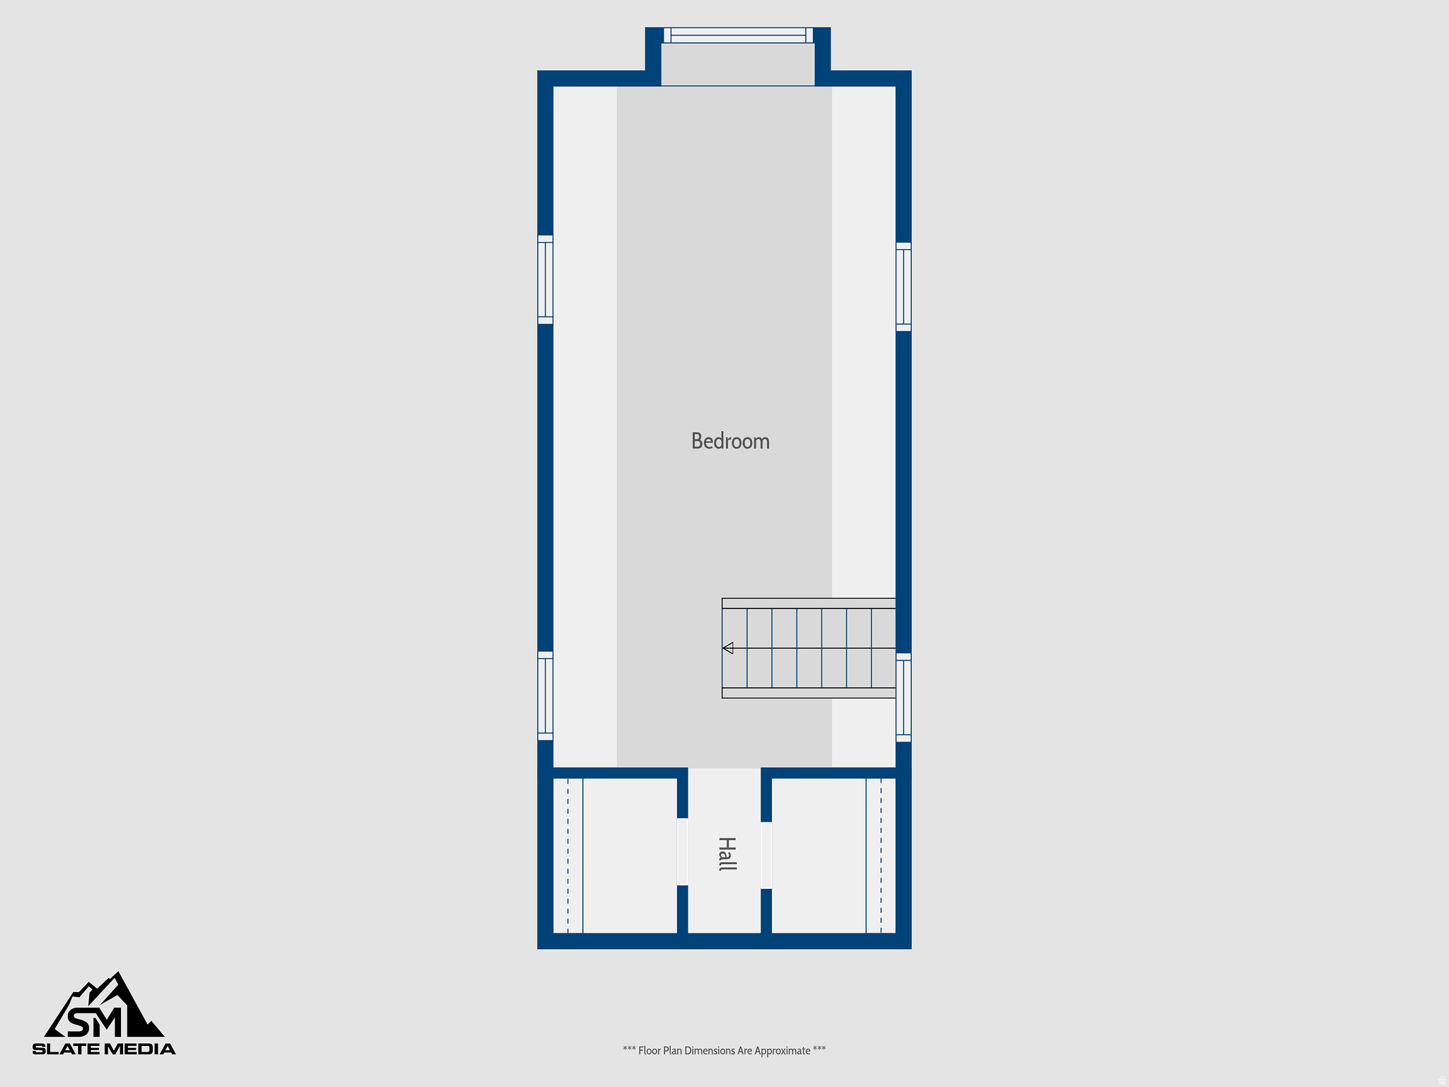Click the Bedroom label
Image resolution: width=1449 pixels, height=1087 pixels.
[x=730, y=441]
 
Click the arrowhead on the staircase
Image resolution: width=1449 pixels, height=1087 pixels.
[x=728, y=648]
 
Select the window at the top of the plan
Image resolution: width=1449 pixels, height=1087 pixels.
[x=738, y=35]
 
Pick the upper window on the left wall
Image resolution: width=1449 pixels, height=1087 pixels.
[x=545, y=280]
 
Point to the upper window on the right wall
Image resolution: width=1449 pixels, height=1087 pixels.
[x=904, y=287]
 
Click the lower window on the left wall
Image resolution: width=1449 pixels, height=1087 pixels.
[x=545, y=696]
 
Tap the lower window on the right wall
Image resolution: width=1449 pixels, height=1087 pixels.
[x=904, y=698]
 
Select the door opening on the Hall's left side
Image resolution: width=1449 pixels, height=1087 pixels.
[x=682, y=851]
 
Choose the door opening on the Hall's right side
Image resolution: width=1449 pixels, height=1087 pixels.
[x=766, y=855]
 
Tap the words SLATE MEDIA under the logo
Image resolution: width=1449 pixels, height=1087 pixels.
[x=104, y=1049]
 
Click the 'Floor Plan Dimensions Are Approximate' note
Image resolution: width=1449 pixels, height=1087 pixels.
[x=724, y=1050]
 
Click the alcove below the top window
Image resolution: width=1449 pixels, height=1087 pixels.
[x=738, y=64]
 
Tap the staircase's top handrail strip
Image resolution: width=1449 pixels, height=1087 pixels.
[x=809, y=603]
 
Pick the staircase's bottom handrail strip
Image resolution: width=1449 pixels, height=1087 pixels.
[x=809, y=693]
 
